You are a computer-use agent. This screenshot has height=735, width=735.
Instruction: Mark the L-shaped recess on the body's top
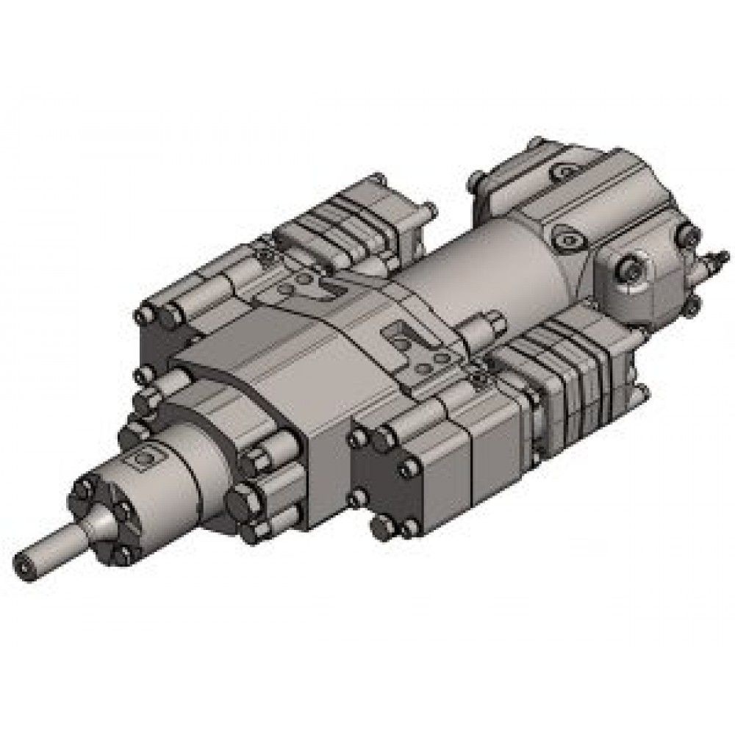click(401, 338)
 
